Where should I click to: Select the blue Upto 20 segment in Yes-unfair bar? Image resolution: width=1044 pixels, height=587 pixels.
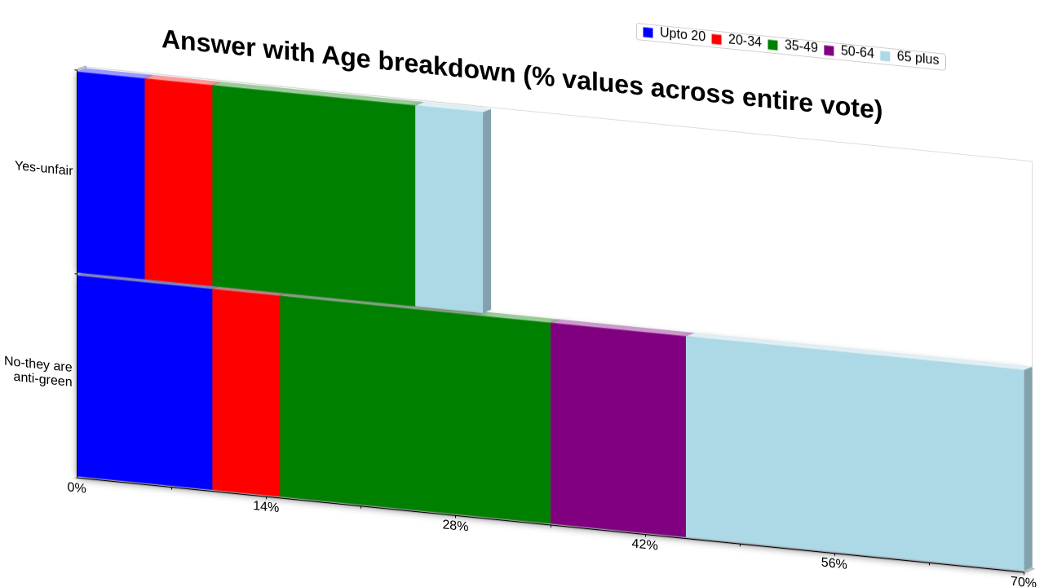111,175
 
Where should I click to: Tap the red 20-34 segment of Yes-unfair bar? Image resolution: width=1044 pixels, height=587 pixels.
179,182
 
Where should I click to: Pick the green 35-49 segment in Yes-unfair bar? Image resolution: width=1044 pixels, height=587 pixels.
314,196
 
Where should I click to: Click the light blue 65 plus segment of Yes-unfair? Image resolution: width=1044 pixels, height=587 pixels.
449,210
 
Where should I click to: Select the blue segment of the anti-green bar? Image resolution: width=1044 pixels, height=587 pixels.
144,382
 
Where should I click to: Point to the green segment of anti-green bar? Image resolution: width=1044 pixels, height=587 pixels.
415,409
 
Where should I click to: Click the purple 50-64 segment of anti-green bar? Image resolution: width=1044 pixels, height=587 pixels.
618,430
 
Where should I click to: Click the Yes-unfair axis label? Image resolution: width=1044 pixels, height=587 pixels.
44,168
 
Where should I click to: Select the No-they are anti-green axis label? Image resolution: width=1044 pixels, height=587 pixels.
38,371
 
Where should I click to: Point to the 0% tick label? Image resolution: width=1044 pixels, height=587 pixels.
77,488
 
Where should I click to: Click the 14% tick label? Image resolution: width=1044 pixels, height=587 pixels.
266,506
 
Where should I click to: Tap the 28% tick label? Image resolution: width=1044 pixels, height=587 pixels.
455,526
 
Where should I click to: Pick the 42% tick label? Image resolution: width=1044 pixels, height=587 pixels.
644,544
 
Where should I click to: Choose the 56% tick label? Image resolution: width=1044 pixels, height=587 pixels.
834,563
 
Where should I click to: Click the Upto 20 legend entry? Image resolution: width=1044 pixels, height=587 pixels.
674,34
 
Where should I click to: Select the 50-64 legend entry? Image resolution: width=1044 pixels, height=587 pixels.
849,51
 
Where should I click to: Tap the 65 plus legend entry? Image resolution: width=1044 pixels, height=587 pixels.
909,57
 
